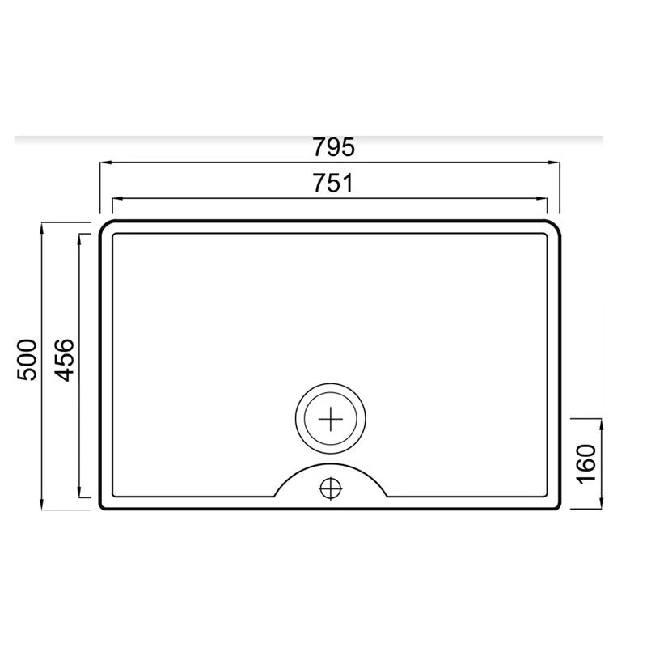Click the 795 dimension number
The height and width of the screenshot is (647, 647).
333,148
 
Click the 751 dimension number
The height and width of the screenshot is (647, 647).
332,184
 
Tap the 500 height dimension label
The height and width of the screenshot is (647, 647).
26,360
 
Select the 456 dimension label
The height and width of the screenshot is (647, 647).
64,360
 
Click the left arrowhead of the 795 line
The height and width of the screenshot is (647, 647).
104,163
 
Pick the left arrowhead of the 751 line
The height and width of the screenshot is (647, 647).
116,198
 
